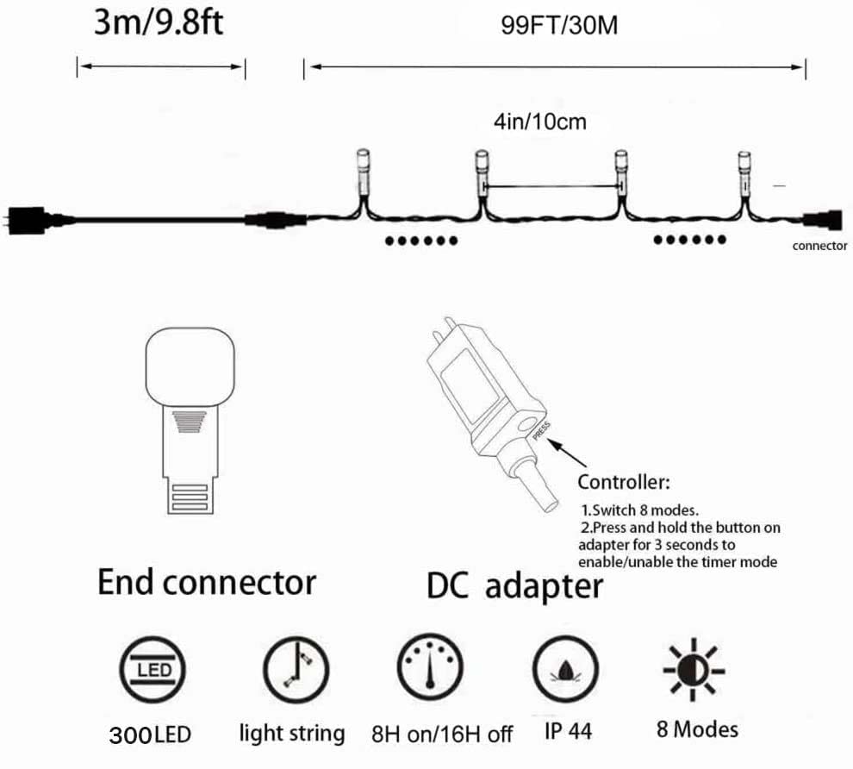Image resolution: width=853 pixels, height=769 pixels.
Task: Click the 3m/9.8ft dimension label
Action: pos(159,22)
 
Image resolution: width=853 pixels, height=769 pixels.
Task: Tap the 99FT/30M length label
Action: pos(559,26)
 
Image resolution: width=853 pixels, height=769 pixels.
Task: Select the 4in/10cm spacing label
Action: pos(540,122)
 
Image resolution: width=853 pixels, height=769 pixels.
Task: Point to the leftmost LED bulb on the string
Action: pos(363,172)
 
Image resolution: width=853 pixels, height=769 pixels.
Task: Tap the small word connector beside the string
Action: pos(819,246)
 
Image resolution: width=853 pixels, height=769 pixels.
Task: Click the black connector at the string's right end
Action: pos(824,220)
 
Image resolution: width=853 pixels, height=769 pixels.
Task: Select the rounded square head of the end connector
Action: pos(190,366)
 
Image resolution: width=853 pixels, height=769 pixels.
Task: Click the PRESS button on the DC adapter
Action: pos(526,425)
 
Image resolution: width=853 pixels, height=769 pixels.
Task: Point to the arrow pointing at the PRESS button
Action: pos(568,453)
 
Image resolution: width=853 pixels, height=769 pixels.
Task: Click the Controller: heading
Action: pos(624,482)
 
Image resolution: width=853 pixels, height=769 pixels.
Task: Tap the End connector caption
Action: pos(207,582)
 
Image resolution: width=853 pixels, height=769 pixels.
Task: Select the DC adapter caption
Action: pos(514,586)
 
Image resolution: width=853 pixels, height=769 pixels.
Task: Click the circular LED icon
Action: pos(153,669)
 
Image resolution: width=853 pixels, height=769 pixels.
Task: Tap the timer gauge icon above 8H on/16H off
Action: pos(430,667)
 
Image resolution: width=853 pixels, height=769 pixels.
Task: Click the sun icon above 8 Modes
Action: pos(694,669)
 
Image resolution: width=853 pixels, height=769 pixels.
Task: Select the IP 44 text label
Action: pos(568,731)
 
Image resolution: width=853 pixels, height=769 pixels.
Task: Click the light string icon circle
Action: pos(296,669)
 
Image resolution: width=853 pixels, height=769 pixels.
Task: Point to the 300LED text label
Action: pos(150,735)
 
